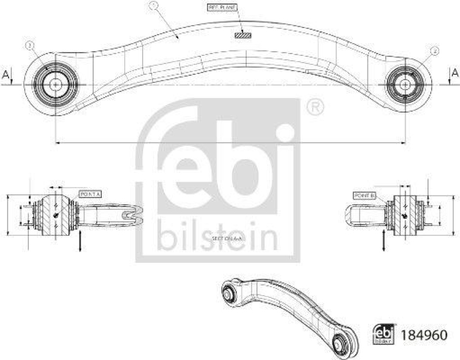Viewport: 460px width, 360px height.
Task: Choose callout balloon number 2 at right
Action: coord(435,51)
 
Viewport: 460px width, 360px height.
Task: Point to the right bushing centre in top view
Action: coord(406,84)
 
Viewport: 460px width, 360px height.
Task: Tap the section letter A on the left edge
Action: coord(6,74)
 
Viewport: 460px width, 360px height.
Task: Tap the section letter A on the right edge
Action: coord(454,72)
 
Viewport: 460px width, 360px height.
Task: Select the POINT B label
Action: coord(365,196)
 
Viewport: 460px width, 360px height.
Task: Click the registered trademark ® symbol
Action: coord(315,108)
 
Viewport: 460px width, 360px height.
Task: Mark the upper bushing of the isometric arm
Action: coord(228,292)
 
